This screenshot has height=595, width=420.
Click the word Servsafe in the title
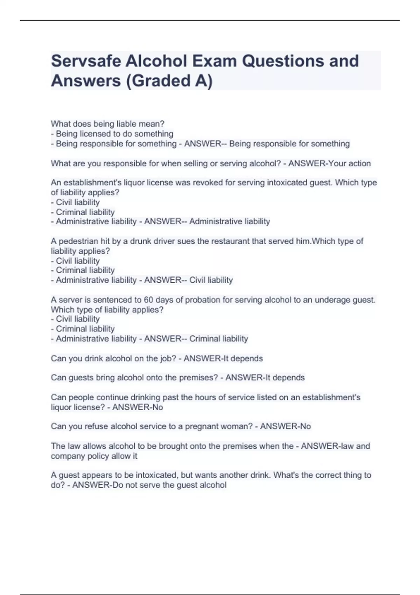point(85,61)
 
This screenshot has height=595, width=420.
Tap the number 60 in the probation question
point(149,300)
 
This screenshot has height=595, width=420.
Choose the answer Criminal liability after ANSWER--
point(218,339)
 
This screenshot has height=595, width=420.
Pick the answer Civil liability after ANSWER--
point(211,280)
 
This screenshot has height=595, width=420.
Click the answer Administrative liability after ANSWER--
point(230,222)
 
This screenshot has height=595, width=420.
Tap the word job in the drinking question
point(169,359)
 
